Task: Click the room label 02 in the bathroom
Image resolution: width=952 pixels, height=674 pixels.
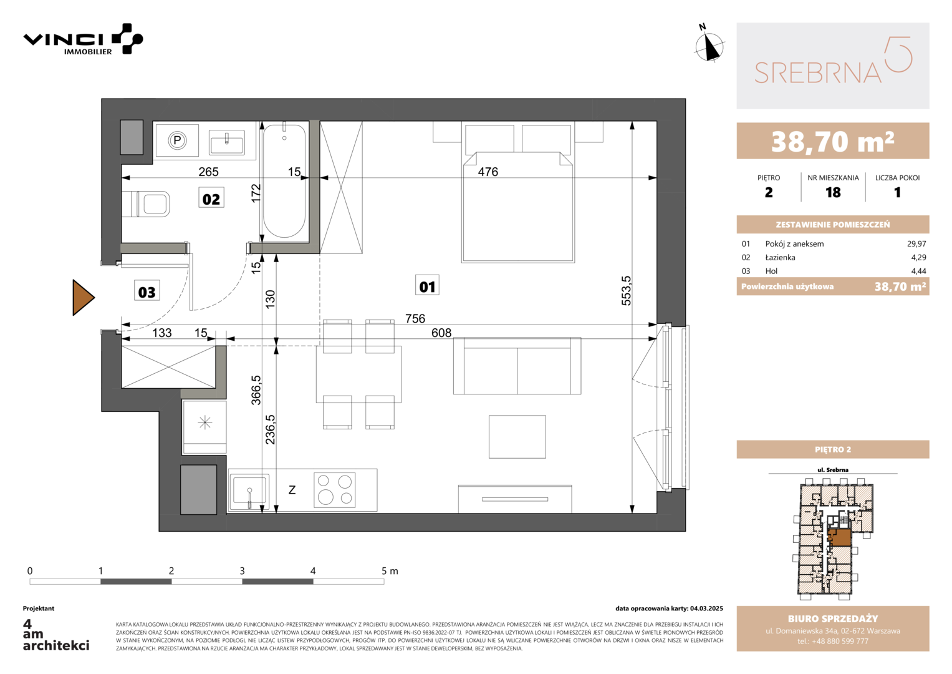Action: tap(211, 198)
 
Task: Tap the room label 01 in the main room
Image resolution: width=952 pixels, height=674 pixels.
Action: tap(427, 286)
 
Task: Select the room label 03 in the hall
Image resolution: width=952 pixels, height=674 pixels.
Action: tap(147, 291)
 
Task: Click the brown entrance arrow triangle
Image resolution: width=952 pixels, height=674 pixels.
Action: tap(83, 298)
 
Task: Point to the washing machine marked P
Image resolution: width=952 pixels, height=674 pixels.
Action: tap(177, 140)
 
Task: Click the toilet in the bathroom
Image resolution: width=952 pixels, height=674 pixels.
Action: tap(146, 204)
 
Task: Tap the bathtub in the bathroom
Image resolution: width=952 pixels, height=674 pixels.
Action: tap(284, 180)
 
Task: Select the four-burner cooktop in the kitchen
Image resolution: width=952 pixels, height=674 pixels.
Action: tap(334, 490)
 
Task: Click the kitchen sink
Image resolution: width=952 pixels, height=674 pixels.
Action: tap(249, 492)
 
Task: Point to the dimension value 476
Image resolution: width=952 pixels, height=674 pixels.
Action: tap(488, 172)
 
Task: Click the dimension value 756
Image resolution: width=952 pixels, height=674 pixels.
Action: tap(415, 318)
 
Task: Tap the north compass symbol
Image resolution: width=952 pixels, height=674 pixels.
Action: tap(708, 44)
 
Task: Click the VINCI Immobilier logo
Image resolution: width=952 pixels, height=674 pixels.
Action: tap(84, 39)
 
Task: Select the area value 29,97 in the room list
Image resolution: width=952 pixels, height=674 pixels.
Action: tap(916, 244)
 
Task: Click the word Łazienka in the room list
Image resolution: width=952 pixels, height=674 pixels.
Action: tap(780, 257)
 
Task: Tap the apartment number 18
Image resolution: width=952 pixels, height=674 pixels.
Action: tap(833, 192)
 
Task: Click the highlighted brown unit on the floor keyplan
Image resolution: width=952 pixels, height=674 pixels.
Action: tap(840, 537)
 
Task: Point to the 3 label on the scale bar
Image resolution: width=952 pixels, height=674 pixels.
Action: tap(243, 570)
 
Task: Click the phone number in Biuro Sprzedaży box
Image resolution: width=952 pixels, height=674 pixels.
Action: tap(832, 641)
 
